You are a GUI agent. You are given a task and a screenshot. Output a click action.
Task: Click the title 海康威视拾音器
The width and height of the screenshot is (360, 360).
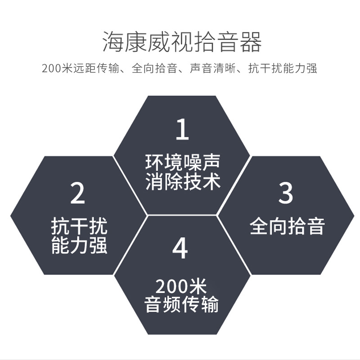coord(182,43)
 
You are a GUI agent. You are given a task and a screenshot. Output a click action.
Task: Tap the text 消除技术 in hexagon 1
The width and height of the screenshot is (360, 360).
coord(182,182)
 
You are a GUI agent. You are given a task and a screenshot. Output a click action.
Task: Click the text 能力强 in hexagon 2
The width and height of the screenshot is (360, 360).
coord(79,246)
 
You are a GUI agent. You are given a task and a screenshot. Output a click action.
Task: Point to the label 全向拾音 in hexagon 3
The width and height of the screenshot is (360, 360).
coord(287,226)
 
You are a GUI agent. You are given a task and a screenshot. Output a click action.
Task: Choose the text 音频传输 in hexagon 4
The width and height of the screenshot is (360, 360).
coord(181,305)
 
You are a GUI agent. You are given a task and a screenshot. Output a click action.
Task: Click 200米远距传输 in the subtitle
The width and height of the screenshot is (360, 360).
coord(81,69)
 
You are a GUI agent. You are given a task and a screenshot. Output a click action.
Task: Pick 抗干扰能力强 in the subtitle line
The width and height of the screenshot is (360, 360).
coord(283,69)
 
